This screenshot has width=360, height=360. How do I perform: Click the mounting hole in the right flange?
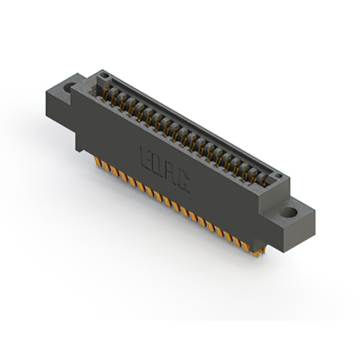pos(289,213)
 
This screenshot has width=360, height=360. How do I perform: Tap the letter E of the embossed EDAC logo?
pos(143,156)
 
